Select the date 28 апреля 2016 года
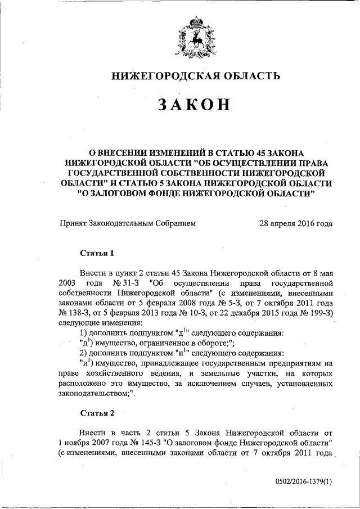tap(296, 223)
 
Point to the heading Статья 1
tap(97, 253)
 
